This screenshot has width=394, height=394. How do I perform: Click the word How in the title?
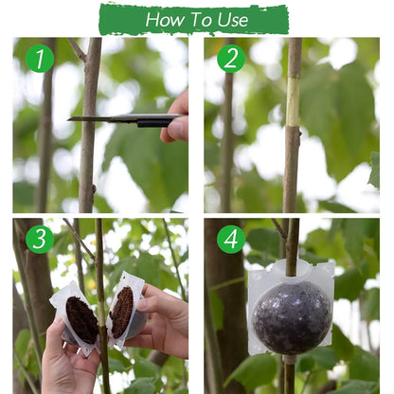[167, 19]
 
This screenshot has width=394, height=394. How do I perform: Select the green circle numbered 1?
[39, 59]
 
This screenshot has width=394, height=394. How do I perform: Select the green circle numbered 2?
[231, 59]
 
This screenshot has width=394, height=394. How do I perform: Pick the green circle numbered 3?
[39, 239]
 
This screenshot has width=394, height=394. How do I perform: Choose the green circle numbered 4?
[231, 239]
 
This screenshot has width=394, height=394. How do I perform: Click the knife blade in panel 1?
[104, 119]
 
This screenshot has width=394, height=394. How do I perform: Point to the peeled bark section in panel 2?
[294, 95]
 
